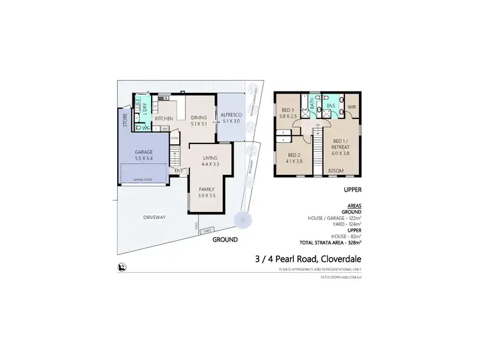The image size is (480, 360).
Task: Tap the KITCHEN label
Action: pos(164,119)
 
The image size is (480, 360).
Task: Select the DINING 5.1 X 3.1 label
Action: pos(199,120)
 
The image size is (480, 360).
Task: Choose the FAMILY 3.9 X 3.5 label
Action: pos(206,193)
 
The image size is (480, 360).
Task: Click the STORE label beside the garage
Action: pos(125,120)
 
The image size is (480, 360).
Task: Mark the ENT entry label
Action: pos(179,171)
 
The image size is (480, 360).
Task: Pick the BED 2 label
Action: pos(294,158)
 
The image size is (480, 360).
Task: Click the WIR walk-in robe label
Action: pos(352,106)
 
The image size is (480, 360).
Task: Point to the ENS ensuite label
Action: pos(332,106)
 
